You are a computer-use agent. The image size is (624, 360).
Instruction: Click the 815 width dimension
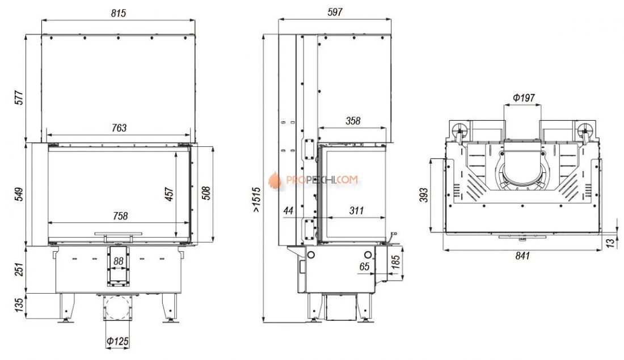coord(118,12)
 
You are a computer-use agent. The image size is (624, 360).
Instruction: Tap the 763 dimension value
coord(119,128)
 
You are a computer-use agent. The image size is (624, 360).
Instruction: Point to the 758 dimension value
coord(120,215)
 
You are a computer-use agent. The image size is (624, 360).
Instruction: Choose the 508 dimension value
coord(206,193)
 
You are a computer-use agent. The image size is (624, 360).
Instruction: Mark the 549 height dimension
coord(19,194)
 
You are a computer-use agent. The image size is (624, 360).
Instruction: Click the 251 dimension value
coord(19,270)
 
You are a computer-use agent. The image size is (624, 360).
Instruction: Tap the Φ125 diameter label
coord(117,342)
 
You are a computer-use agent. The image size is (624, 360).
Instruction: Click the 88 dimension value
coord(118,261)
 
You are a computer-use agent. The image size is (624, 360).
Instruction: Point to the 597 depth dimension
coord(335,12)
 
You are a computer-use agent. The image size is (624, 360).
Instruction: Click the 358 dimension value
coord(352,121)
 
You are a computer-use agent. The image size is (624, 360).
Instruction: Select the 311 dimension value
coord(356,210)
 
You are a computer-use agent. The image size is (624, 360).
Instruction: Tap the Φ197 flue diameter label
coord(523,98)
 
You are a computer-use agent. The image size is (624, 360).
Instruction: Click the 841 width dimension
coord(522,256)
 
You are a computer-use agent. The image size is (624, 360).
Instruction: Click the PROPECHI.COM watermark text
coord(321,180)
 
